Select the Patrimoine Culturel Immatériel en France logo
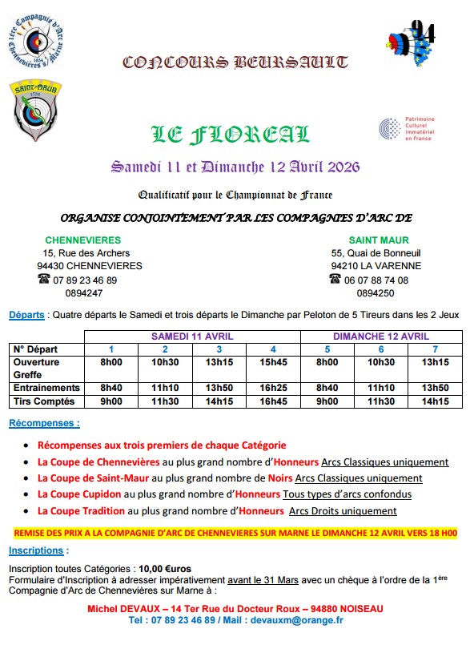click(405, 128)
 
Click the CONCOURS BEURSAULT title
click(235, 62)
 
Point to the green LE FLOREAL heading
click(230, 135)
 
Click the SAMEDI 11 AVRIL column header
click(192, 337)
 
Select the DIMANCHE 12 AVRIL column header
click(381, 337)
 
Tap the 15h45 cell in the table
click(273, 362)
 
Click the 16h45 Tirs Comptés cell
click(273, 401)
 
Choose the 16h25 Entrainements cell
click(273, 388)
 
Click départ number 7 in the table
click(435, 349)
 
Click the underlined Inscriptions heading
click(38, 550)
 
